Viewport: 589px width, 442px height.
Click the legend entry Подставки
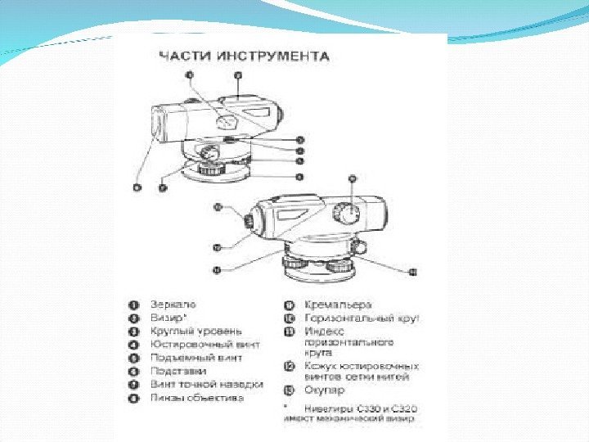[178, 371]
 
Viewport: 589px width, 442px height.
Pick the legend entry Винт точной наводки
[207, 384]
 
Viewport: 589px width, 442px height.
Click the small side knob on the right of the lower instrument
[358, 246]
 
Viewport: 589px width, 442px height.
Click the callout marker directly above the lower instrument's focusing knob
[352, 178]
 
